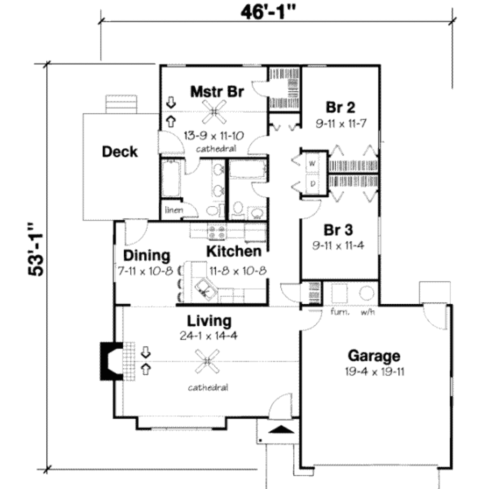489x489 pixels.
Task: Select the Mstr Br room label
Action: pyautogui.click(x=217, y=91)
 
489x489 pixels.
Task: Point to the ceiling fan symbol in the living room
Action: pyautogui.click(x=207, y=361)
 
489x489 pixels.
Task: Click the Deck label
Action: pyautogui.click(x=120, y=152)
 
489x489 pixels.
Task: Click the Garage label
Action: pyautogui.click(x=374, y=356)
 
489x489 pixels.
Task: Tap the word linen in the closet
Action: pyautogui.click(x=173, y=210)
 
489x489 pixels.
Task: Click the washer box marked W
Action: pyautogui.click(x=313, y=163)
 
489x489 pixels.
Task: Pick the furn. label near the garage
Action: pyautogui.click(x=340, y=313)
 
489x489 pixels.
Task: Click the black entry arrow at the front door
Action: pyautogui.click(x=281, y=429)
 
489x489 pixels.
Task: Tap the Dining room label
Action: pyautogui.click(x=147, y=255)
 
